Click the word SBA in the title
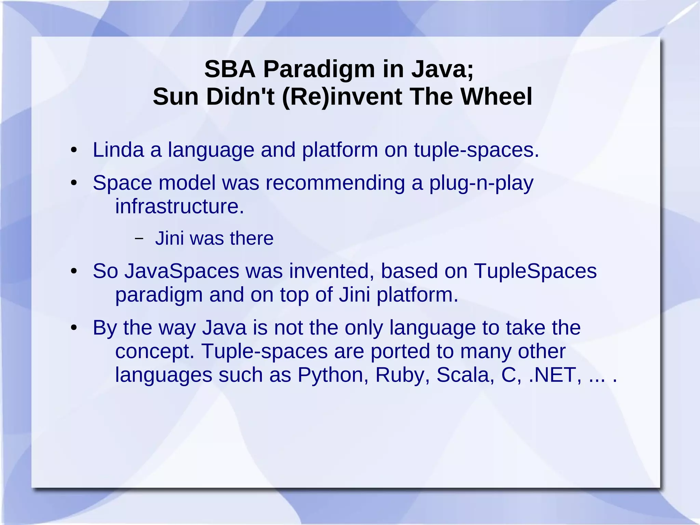[x=230, y=69]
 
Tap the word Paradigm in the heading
[x=319, y=69]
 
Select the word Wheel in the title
[x=497, y=97]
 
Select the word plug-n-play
[x=481, y=183]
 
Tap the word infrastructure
[x=180, y=206]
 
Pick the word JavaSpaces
[x=181, y=271]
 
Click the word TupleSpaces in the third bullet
[x=535, y=271]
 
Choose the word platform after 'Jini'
[x=417, y=295]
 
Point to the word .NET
[x=555, y=375]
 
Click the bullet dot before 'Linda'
[x=73, y=150]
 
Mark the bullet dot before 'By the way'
[x=73, y=328]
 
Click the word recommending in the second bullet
[x=335, y=183]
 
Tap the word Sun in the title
[x=176, y=97]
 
